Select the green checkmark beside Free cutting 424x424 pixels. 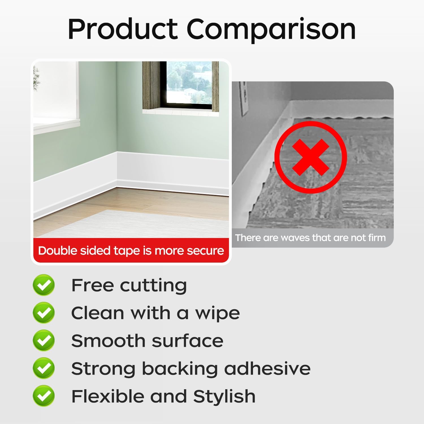[44, 285]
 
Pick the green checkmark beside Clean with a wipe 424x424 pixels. [44, 313]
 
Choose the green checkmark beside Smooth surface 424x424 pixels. [44, 340]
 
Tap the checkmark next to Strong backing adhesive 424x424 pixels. [44, 368]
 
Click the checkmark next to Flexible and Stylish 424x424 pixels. [44, 396]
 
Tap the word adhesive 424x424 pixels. [267, 368]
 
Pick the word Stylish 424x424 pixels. [224, 396]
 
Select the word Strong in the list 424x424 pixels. [103, 369]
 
